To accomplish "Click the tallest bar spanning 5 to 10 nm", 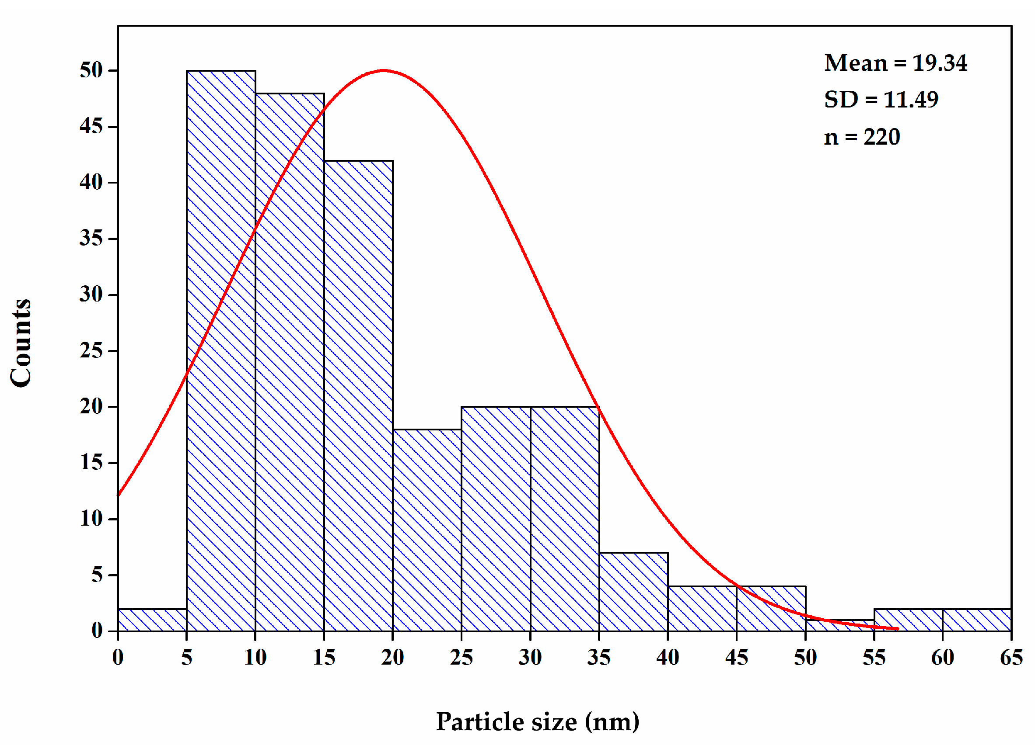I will [x=221, y=351].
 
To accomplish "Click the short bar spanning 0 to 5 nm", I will [x=152, y=620].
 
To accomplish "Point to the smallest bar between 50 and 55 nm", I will [x=840, y=626].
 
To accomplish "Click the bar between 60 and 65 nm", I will [x=977, y=620].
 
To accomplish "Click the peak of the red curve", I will [x=384, y=71].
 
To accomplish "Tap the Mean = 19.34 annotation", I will [x=895, y=63].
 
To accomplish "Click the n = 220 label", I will [x=862, y=137].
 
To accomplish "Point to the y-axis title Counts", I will [x=21, y=343].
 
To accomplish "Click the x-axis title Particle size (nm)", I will [x=538, y=722].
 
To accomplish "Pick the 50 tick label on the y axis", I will [x=91, y=71].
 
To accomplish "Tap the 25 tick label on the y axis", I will [x=91, y=351].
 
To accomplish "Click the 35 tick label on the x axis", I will [x=599, y=658].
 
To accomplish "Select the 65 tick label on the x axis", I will [x=1011, y=658].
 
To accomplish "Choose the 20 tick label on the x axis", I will [x=392, y=658].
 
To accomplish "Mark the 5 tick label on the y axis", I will [x=97, y=575].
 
